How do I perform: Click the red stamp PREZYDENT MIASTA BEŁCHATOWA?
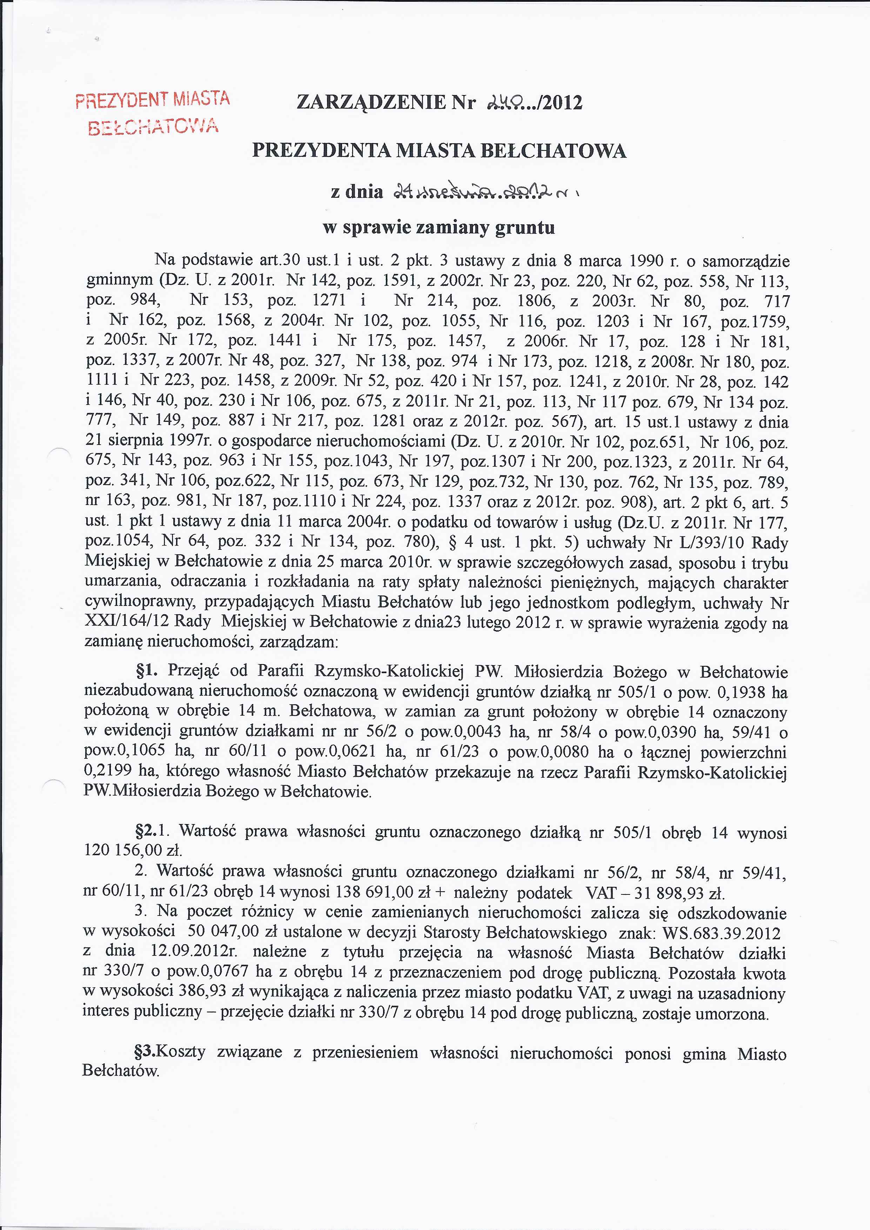(153, 113)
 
